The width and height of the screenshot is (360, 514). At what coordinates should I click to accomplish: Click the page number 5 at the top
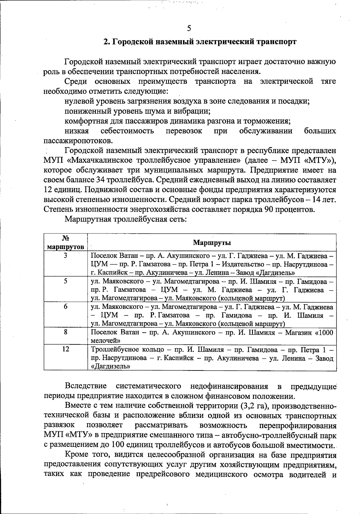click(189, 28)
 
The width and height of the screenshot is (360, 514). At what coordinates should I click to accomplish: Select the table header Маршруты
click(212, 242)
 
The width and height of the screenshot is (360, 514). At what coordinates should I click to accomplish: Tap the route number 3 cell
click(65, 256)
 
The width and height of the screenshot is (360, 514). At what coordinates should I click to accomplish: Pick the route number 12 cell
click(66, 349)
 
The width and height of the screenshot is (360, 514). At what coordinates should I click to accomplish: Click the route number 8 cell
click(65, 332)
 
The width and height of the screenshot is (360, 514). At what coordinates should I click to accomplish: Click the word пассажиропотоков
click(74, 141)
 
